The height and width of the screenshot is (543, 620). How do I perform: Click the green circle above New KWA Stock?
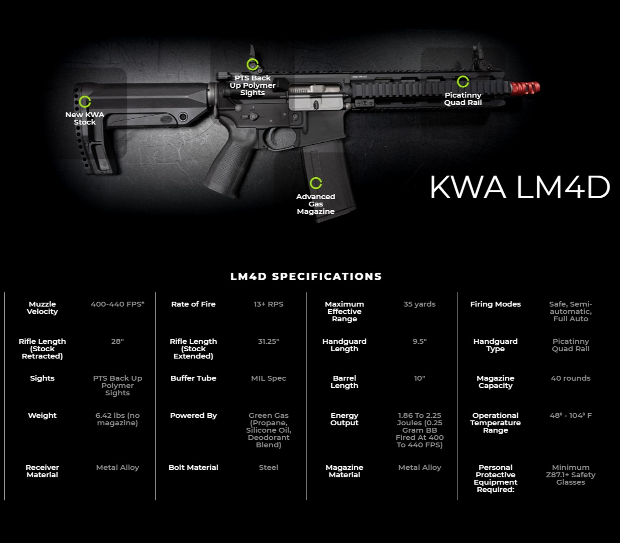coord(85,102)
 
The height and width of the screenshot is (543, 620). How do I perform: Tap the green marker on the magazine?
coord(316,183)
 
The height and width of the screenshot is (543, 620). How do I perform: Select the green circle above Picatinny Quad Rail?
coord(463,81)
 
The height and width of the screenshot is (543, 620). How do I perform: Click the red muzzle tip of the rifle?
coord(525,88)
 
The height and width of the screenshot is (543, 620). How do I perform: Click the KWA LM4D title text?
coord(519,187)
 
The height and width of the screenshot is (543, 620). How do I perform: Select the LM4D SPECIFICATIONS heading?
coord(306,277)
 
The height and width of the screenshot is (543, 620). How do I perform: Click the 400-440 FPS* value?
coord(118,304)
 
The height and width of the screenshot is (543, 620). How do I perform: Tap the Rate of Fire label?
coord(193,304)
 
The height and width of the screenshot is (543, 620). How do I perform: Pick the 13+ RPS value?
coord(268,304)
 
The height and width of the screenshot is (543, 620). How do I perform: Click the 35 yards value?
coord(419,304)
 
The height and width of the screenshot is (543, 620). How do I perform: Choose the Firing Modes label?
coord(495,304)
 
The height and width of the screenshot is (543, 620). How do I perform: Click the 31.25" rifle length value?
coord(268,341)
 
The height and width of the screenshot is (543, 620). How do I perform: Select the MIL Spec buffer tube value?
coord(268,378)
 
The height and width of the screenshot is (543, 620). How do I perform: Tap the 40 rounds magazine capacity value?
coord(570,378)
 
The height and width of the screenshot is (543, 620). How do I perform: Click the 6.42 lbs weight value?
coord(118,419)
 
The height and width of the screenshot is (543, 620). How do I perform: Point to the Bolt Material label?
coord(193,467)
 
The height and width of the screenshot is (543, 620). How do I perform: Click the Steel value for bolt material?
coord(268,467)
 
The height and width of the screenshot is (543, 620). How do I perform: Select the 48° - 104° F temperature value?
coord(570,415)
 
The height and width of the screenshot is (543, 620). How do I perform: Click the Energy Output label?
coord(344,419)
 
